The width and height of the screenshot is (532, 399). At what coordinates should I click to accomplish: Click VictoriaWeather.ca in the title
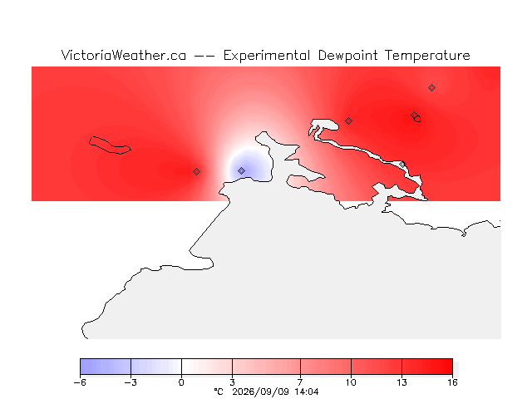tap(124, 56)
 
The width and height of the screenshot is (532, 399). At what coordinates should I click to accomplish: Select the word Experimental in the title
tap(267, 56)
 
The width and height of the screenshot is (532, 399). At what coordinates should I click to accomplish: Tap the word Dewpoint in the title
tap(347, 56)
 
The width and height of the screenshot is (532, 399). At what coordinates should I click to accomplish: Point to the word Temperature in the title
tap(427, 56)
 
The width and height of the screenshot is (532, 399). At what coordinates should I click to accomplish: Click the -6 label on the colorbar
tap(80, 382)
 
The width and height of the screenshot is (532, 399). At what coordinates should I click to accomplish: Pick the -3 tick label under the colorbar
tap(131, 382)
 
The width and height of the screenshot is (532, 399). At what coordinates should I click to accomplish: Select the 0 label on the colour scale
tap(181, 382)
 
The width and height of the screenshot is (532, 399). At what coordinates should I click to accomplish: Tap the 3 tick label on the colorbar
tap(233, 382)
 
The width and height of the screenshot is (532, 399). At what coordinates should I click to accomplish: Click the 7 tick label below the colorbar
tap(300, 382)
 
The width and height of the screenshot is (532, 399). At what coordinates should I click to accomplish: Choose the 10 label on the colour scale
tap(351, 382)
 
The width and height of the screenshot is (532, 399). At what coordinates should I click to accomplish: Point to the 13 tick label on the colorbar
tap(401, 382)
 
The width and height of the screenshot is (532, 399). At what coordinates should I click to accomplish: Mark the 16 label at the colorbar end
tap(452, 382)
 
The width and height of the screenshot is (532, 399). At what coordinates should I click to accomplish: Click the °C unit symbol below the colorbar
tap(219, 392)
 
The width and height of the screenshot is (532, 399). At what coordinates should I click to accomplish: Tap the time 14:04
tap(307, 392)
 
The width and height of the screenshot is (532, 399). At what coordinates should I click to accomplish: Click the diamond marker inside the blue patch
tap(241, 170)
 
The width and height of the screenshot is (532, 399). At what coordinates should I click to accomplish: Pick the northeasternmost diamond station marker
tap(431, 88)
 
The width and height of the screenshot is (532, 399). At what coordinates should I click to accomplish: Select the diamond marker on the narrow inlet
tap(402, 165)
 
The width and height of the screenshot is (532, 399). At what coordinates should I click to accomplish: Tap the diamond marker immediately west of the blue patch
tap(196, 172)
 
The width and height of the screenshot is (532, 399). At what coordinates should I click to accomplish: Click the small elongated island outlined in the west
tap(110, 145)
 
